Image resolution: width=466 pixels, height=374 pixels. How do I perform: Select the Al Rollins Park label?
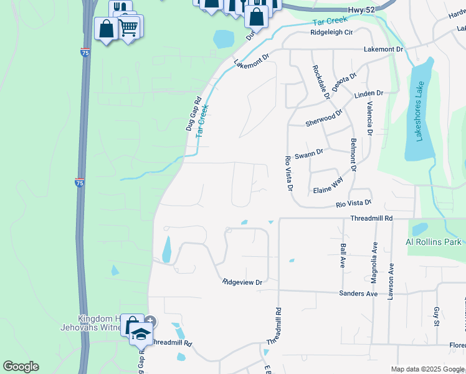click(x=433, y=242)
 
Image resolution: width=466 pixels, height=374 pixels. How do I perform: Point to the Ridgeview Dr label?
click(x=243, y=282)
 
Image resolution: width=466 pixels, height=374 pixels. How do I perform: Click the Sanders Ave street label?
click(x=358, y=293)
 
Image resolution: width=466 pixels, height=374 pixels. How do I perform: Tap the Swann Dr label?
click(x=309, y=153)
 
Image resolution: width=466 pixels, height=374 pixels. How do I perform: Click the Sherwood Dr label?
click(x=324, y=118)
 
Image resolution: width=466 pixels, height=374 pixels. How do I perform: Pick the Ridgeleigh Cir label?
click(x=331, y=32)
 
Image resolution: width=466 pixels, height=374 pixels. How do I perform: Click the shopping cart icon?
click(x=128, y=27)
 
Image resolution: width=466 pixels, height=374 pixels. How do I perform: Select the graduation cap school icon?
click(x=142, y=335)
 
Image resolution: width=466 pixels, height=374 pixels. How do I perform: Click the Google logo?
click(x=21, y=367)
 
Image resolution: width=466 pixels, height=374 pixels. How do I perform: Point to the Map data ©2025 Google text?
click(x=427, y=369)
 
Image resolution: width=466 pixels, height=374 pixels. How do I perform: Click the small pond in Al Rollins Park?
click(x=420, y=229)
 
